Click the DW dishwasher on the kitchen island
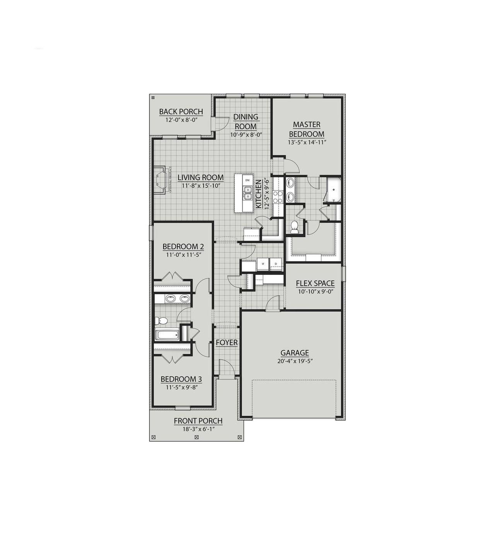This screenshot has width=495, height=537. (x=248, y=180)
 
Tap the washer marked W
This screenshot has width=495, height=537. (x=263, y=264)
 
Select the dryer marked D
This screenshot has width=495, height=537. (x=276, y=264)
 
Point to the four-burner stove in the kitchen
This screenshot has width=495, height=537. (x=278, y=197)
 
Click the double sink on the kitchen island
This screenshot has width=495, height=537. (x=247, y=192)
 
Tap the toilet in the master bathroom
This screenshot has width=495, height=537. (x=294, y=227)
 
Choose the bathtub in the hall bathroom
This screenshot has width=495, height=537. (x=167, y=335)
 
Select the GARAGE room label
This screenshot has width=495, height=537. (x=295, y=353)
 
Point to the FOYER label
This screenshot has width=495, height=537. (x=227, y=343)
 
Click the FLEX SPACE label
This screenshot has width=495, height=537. (x=315, y=283)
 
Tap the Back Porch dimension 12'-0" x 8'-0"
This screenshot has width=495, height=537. (x=181, y=120)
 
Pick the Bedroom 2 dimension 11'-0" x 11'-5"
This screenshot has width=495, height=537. (x=184, y=255)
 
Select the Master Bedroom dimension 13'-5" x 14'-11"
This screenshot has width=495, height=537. (x=307, y=142)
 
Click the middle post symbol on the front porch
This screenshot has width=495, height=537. (x=196, y=437)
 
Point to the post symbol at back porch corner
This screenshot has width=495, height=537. (x=153, y=98)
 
